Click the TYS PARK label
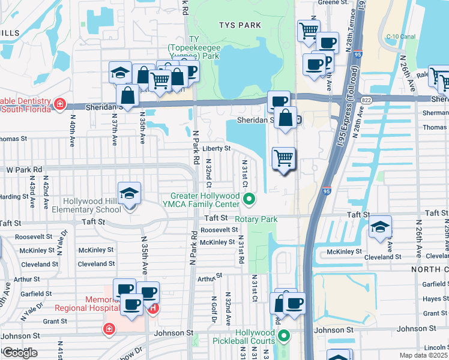pyautogui.click(x=240, y=25)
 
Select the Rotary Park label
pyautogui.click(x=256, y=220)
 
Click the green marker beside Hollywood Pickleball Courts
pyautogui.click(x=285, y=336)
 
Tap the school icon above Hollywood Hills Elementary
pyautogui.click(x=129, y=194)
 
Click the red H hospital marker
pyautogui.click(x=154, y=309)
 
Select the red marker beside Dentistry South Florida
pyautogui.click(x=60, y=104)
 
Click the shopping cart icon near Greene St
pyautogui.click(x=308, y=29)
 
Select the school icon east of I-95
pyautogui.click(x=379, y=227)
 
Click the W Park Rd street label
pyautogui.click(x=25, y=170)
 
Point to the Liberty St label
pyautogui.click(x=216, y=148)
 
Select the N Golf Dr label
pyautogui.click(x=213, y=306)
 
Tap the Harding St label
pyautogui.click(x=10, y=196)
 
